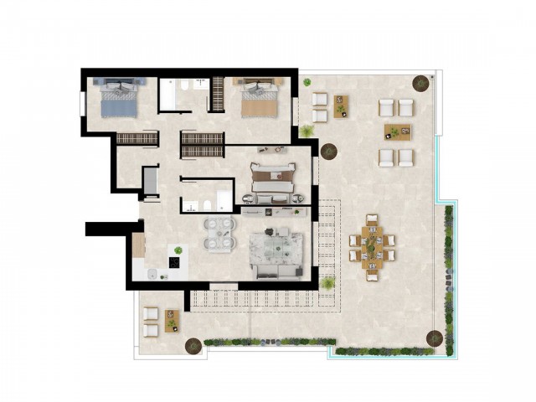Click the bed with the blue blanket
pyautogui.click(x=118, y=100)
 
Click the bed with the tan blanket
pyautogui.click(x=258, y=100)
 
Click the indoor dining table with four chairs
pyautogui.click(x=219, y=234)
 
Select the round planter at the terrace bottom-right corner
pyautogui.click(x=434, y=338)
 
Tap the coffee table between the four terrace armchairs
pyautogui.click(x=398, y=131)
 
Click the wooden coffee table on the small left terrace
pyautogui.click(x=173, y=318)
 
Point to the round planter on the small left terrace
pyautogui.click(x=193, y=344)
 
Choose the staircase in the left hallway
pyautogui.click(x=150, y=182)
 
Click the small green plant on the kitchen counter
pyautogui.click(x=178, y=250)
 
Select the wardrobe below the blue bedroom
pyautogui.click(x=137, y=138)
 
